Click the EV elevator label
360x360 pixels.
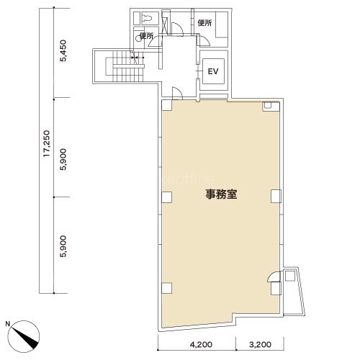[x=213, y=71]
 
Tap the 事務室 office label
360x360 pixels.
[x=221, y=194]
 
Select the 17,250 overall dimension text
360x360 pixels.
[x=47, y=143]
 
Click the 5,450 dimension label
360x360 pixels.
[x=63, y=51]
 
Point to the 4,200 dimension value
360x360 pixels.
[x=201, y=345]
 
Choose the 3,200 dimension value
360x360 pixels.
[x=260, y=345]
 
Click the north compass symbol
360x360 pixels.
[x=24, y=336]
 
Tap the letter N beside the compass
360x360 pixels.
[x=8, y=324]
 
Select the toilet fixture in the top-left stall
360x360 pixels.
[x=147, y=19]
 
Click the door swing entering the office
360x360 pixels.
[x=178, y=93]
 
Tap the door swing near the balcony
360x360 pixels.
[x=274, y=276]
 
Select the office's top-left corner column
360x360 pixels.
[x=167, y=105]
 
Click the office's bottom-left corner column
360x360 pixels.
[x=167, y=288]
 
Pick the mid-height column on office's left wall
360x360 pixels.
[x=167, y=197]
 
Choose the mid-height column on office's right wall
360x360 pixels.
[x=276, y=196]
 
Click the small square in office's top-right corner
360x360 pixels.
[x=268, y=105]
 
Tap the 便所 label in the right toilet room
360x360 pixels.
[x=204, y=23]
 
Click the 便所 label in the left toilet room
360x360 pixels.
[x=146, y=36]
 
